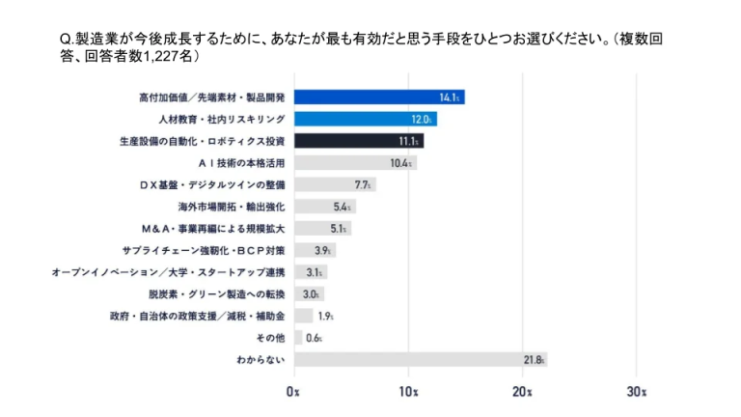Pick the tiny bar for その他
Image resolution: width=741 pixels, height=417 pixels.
pos(297,337)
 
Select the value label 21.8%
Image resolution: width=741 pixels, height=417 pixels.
pos(534,359)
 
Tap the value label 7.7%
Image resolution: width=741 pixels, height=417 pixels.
pos(364,184)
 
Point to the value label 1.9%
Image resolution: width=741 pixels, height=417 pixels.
pos(326,316)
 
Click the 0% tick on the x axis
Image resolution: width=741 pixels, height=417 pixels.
pos(294,392)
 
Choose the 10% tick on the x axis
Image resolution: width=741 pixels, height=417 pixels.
pos(407,392)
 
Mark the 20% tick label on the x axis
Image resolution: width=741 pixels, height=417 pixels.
pos(521,392)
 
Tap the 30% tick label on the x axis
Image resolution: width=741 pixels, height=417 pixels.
pos(635,392)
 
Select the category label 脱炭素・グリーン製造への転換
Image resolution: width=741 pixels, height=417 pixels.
pos(216,293)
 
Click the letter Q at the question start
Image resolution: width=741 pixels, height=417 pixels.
pos(65,39)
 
